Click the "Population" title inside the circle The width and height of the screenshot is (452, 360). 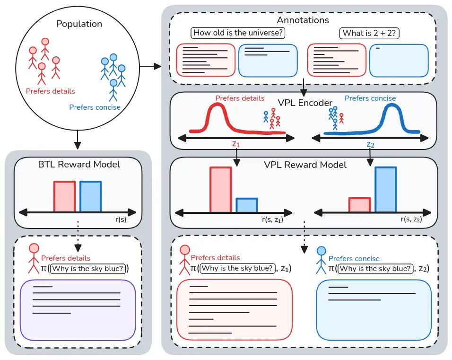point(79,24)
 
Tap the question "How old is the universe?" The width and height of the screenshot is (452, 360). point(239,33)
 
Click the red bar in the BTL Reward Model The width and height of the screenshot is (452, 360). point(64,197)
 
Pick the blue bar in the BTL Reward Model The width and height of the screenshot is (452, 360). point(90,197)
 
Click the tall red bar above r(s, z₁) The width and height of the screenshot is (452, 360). point(221,189)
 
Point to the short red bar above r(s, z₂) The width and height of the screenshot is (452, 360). point(359,204)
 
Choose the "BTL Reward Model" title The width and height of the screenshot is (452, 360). point(79,165)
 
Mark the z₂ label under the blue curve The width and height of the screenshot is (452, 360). point(370,144)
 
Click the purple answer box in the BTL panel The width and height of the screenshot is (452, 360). point(78,310)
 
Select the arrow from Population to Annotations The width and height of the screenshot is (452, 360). point(151,67)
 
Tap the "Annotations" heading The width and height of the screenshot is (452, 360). point(303,20)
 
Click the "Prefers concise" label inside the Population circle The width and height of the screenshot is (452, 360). point(95,107)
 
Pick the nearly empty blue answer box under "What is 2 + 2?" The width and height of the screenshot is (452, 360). point(399,61)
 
